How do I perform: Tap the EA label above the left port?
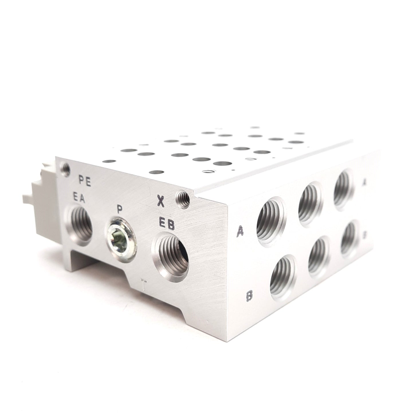click(79, 199)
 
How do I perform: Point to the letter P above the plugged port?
click(120, 209)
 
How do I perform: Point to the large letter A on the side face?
click(240, 231)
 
